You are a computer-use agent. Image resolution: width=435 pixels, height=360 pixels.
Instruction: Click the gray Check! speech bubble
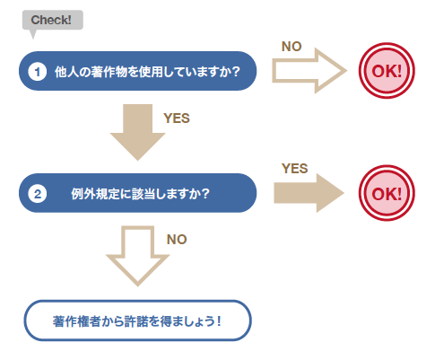tap(53, 20)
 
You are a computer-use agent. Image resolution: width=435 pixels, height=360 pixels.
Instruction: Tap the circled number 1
tap(38, 72)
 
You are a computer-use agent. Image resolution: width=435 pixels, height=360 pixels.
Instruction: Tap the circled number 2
tap(38, 194)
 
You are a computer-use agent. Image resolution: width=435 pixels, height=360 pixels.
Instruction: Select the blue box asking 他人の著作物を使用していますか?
tap(138, 71)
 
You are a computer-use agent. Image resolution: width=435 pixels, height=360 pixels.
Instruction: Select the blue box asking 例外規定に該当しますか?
tap(138, 193)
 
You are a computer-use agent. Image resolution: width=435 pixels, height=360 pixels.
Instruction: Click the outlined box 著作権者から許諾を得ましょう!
tap(138, 320)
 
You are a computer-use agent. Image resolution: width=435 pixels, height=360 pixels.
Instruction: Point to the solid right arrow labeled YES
tap(309, 193)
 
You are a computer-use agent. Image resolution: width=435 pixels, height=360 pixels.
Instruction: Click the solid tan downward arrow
tap(137, 132)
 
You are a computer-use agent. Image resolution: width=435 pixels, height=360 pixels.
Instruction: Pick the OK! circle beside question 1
tap(387, 71)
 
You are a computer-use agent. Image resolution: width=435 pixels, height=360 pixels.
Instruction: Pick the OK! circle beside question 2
tap(387, 193)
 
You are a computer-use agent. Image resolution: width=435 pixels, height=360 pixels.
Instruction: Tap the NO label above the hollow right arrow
tap(291, 47)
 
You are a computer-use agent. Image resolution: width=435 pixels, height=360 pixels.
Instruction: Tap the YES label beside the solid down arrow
tap(177, 119)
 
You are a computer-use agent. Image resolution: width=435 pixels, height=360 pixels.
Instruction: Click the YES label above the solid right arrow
tap(294, 169)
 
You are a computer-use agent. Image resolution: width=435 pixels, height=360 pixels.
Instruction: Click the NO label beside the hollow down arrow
tap(177, 240)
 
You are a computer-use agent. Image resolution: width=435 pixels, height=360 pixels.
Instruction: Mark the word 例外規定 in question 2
tap(95, 194)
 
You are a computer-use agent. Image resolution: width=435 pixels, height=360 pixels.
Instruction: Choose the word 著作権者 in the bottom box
tap(77, 321)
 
